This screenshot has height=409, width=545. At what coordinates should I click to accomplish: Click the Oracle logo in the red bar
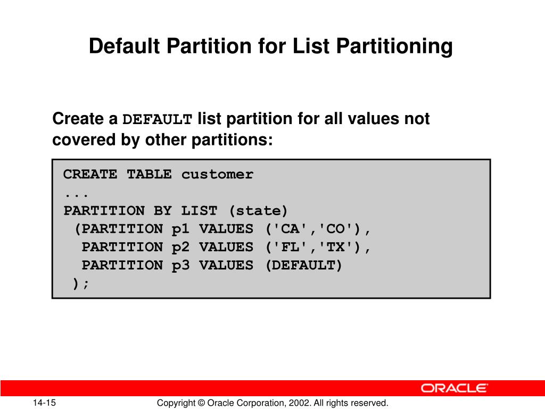[x=455, y=388]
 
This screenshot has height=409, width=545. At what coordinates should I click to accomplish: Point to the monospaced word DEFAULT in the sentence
[x=158, y=119]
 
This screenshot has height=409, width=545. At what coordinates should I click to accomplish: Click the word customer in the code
[x=217, y=175]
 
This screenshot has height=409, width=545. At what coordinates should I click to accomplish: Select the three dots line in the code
[x=76, y=193]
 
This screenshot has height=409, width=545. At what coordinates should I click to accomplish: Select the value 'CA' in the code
[x=290, y=229]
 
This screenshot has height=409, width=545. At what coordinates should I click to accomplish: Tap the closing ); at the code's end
[x=81, y=283]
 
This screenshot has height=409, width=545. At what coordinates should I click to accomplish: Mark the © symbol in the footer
[x=201, y=403]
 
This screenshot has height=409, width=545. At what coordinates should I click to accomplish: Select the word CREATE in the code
[x=90, y=175]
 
